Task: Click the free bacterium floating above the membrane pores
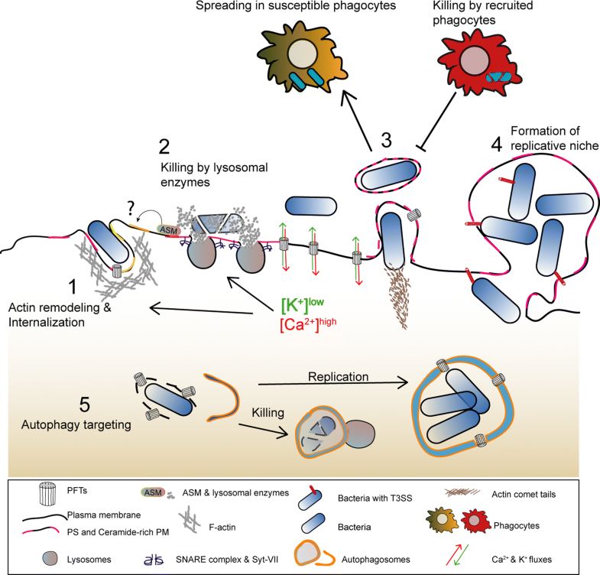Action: [311, 206]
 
